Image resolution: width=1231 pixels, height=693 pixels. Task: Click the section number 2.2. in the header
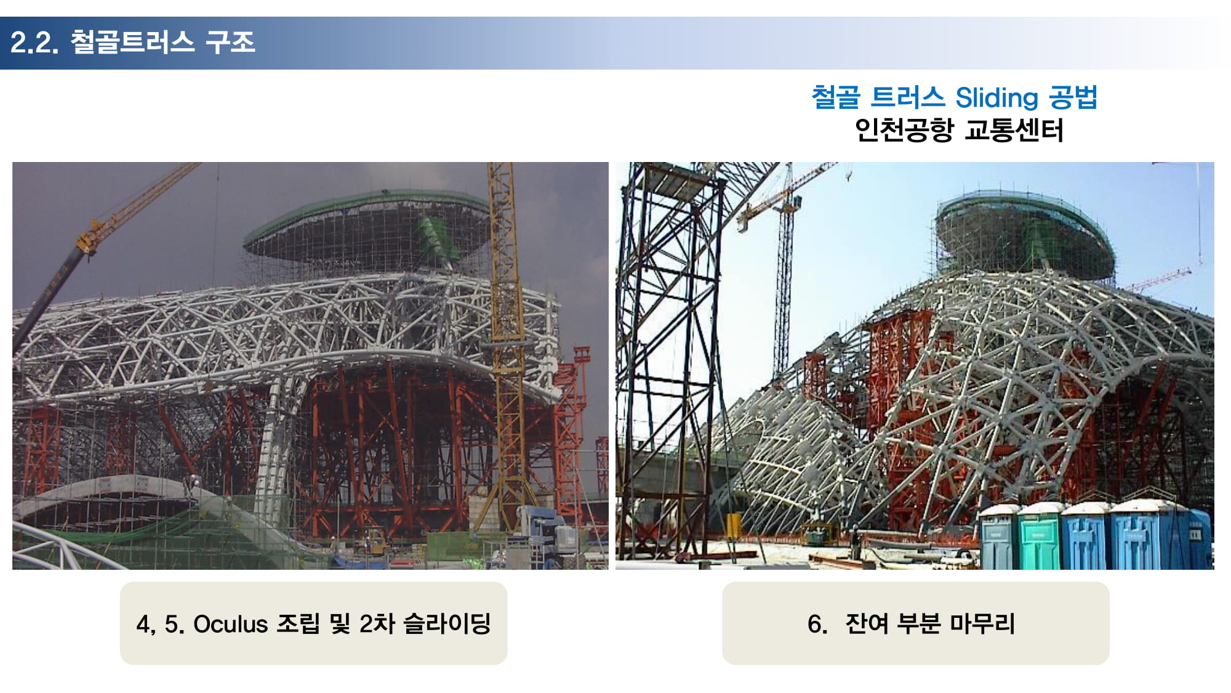click(x=34, y=43)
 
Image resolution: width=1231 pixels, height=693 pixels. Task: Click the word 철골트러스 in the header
click(x=132, y=42)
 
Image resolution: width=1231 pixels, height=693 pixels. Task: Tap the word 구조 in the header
click(x=230, y=42)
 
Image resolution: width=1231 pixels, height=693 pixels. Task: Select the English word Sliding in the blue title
click(x=996, y=98)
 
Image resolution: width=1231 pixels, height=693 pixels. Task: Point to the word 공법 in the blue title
click(x=1073, y=97)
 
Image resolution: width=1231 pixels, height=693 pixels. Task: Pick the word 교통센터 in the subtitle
click(x=1014, y=130)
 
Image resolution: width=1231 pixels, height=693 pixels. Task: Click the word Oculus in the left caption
click(x=231, y=624)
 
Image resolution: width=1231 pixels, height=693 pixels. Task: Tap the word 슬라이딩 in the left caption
click(x=447, y=623)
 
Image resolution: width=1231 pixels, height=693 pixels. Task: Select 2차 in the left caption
click(x=377, y=623)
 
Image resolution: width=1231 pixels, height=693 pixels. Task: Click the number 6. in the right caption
click(x=817, y=624)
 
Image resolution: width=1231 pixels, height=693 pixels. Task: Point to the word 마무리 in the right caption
click(x=983, y=623)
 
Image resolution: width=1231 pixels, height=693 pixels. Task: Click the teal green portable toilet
click(x=1038, y=537)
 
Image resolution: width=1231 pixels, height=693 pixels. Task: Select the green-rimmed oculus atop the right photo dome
click(x=1025, y=234)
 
